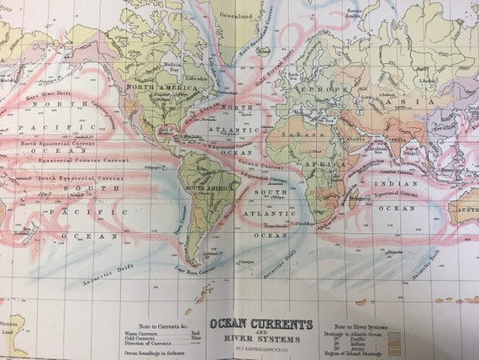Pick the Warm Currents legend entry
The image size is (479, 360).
point(145,333)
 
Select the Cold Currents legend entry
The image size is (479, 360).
point(145,340)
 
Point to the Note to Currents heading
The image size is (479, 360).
point(148,326)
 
